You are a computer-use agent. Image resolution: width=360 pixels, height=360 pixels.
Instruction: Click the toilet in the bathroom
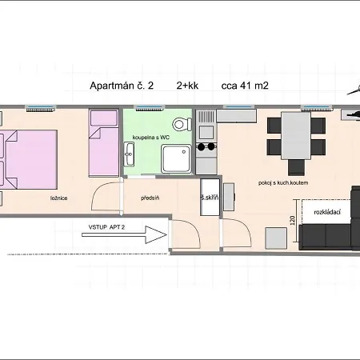(x=182, y=124)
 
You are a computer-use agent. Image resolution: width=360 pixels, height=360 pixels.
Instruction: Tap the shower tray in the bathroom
(x=176, y=159)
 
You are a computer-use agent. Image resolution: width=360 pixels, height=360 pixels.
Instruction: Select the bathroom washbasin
(x=129, y=154)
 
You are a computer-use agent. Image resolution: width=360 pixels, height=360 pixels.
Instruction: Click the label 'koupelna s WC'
(x=151, y=138)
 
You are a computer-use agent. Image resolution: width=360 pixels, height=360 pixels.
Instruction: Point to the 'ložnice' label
(x=58, y=198)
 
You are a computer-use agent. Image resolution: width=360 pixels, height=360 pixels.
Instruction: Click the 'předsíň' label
(x=150, y=198)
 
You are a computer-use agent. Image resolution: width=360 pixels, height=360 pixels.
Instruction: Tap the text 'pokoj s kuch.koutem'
(x=283, y=183)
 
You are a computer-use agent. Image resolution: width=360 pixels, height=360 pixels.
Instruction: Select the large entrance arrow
(x=124, y=234)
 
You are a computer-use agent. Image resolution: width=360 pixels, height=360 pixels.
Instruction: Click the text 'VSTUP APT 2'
(x=106, y=227)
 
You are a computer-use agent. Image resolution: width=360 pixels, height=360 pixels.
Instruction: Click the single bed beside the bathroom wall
(x=104, y=143)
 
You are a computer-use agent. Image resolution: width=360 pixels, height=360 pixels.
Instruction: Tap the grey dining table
(x=296, y=136)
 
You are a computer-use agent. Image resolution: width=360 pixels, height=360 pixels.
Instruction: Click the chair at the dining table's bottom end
(x=296, y=166)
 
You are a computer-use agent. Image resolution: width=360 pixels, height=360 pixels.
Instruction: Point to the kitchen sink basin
(x=206, y=132)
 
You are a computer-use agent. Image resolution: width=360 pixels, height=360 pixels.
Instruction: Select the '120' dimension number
(x=292, y=220)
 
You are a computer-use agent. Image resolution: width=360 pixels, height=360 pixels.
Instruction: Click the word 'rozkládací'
(x=327, y=212)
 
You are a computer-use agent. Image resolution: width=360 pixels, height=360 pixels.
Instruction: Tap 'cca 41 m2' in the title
(x=245, y=86)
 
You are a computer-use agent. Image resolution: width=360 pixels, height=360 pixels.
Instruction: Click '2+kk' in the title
(x=187, y=86)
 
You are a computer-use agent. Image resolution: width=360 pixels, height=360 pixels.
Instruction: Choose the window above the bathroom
(x=149, y=108)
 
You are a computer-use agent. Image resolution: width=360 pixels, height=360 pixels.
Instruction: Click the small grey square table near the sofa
(x=276, y=238)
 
